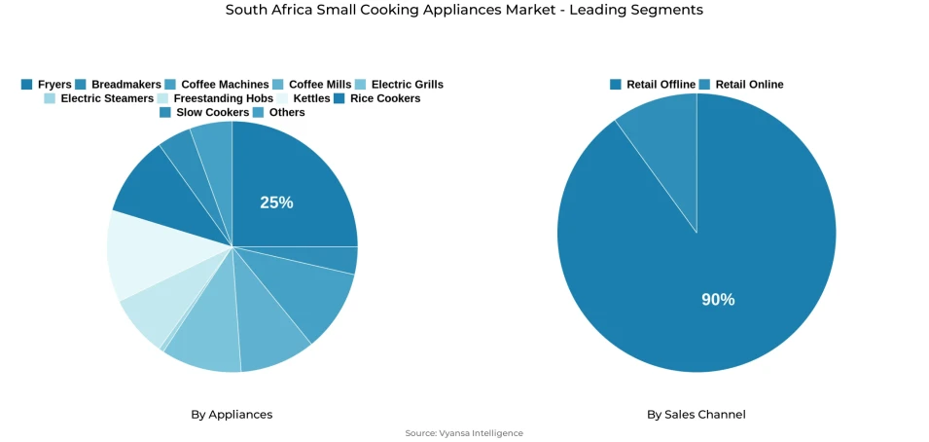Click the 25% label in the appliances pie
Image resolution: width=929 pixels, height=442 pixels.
coord(276,203)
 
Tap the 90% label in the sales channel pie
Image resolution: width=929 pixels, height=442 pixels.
coord(718,300)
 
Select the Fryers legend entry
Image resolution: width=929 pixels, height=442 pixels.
coord(46,85)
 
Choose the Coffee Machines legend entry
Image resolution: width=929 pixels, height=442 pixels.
coord(216,85)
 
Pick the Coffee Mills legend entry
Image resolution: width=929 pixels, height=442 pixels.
coord(312,85)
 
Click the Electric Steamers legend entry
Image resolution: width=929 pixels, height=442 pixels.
coord(98,98)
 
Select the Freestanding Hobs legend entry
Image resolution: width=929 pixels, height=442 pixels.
coord(214,98)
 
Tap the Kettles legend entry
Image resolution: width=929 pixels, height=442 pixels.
coord(303,98)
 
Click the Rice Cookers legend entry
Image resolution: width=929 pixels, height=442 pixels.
coord(376,98)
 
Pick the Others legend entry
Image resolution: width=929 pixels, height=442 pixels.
coord(278,113)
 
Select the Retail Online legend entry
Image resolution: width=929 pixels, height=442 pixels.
coord(740,85)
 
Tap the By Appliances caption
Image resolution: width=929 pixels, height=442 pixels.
coord(232,415)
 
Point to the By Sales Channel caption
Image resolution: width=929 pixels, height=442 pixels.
coord(697,415)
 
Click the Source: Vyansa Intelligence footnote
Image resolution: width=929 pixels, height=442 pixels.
coord(464,433)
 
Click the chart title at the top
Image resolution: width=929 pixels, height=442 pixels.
coord(464,10)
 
